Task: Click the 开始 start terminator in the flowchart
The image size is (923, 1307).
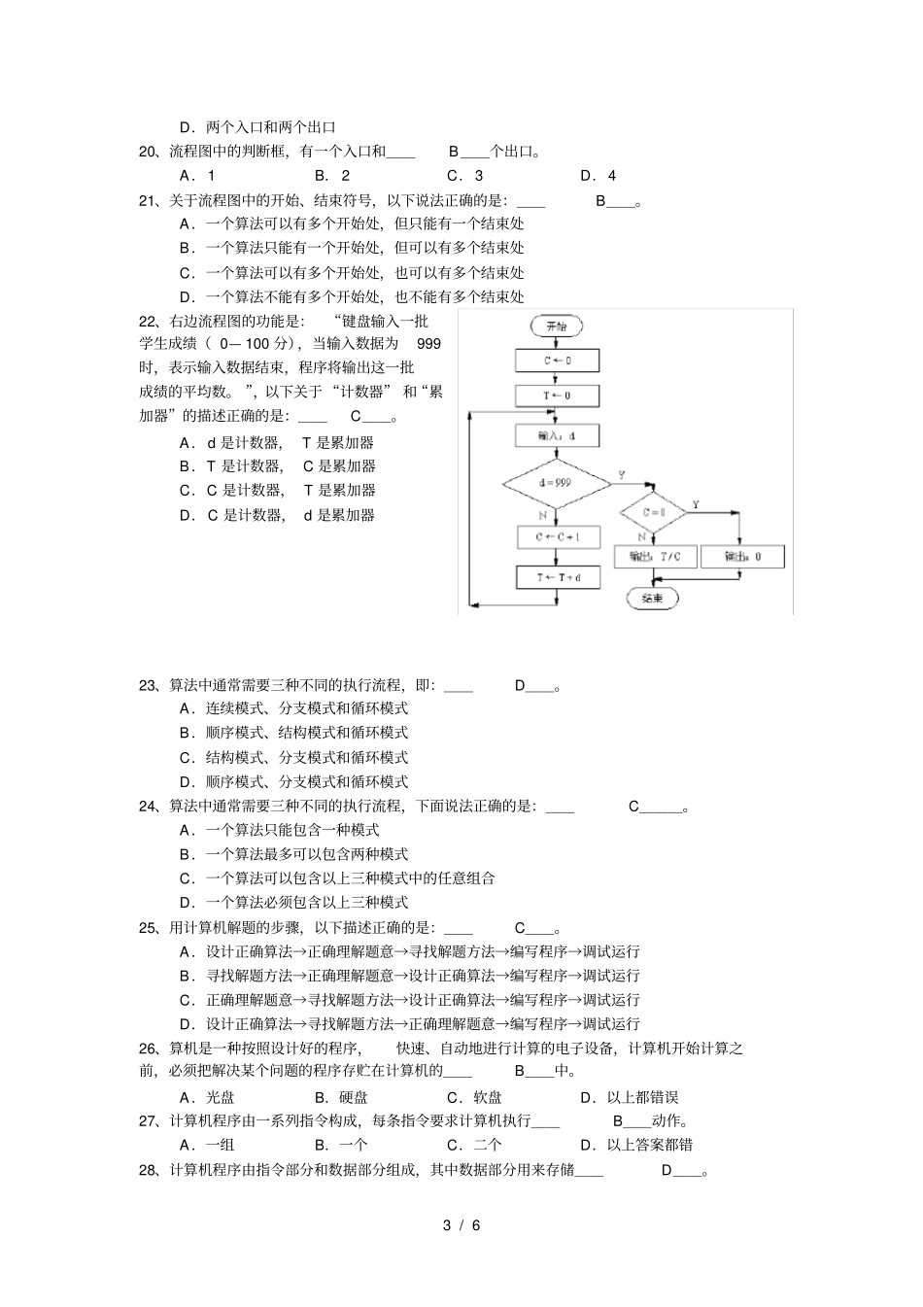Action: click(x=557, y=327)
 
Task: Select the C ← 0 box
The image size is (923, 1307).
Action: click(x=558, y=361)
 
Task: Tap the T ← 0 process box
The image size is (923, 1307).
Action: click(x=558, y=396)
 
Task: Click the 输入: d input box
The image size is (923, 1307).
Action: click(x=558, y=436)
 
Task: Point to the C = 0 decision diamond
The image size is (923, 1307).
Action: click(x=654, y=511)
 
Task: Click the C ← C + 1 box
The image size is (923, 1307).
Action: click(x=558, y=537)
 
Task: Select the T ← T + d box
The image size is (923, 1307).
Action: click(x=558, y=577)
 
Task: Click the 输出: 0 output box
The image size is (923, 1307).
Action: click(x=742, y=557)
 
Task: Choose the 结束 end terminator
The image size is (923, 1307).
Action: click(x=653, y=599)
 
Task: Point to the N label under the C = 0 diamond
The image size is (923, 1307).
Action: click(x=641, y=536)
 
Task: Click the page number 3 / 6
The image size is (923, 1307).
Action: click(x=461, y=1224)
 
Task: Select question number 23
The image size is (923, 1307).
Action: click(x=148, y=685)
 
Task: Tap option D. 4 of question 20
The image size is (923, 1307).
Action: click(x=598, y=176)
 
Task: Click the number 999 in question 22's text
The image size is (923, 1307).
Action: click(x=428, y=344)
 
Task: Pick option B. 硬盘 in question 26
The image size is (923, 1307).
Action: click(x=341, y=1097)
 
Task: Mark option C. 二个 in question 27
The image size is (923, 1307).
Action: click(x=474, y=1145)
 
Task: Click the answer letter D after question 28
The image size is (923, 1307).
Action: click(x=667, y=1170)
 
